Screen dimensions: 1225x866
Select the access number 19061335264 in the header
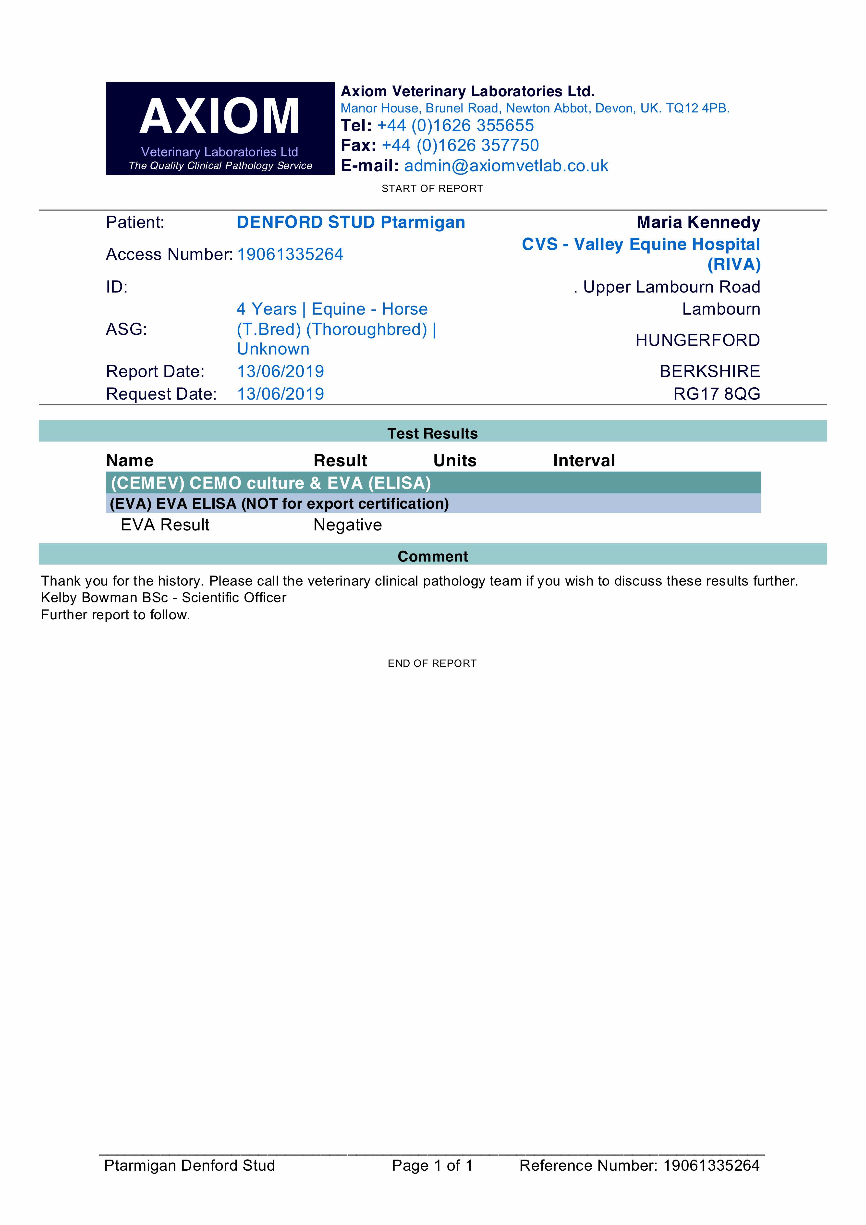click(290, 255)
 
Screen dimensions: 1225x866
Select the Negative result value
click(347, 525)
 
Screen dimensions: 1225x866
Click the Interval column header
click(584, 460)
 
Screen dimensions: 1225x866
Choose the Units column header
click(455, 460)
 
